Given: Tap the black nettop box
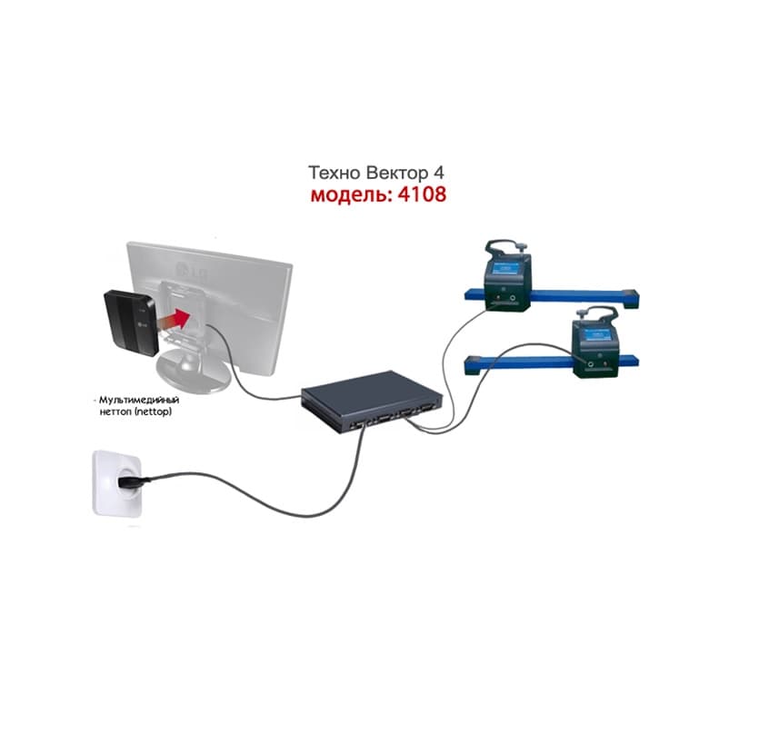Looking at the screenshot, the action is click(x=130, y=322).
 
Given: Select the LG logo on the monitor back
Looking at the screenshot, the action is click(x=191, y=272).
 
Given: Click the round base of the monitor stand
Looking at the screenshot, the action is click(x=195, y=372).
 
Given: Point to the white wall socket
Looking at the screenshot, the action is click(x=117, y=483).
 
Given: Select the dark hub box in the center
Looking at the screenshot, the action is click(x=371, y=402).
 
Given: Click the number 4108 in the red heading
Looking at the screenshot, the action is click(x=422, y=194).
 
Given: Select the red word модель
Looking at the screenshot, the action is click(x=351, y=195).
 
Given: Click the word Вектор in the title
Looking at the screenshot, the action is click(x=396, y=173).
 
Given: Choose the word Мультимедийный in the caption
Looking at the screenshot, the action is click(x=139, y=400).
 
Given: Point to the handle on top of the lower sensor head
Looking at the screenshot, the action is click(x=596, y=314).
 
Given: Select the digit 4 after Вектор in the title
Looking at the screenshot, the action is click(x=438, y=173).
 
